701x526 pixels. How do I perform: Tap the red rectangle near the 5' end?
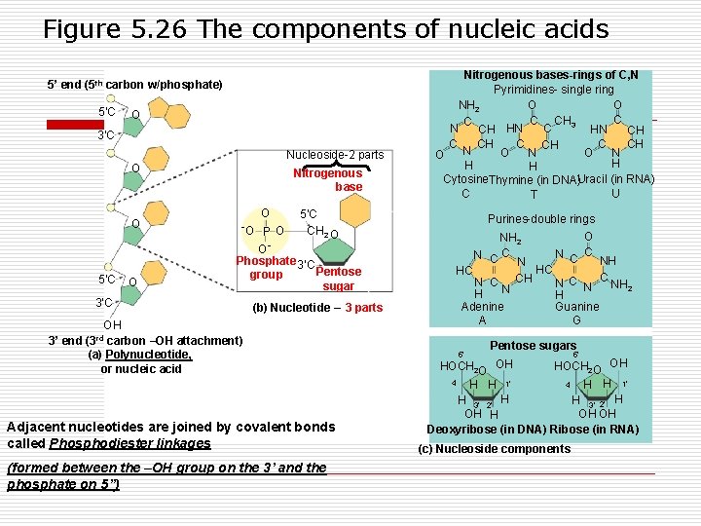[x=75, y=125]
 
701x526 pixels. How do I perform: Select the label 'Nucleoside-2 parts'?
[x=335, y=155]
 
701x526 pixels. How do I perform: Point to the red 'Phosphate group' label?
[x=265, y=268]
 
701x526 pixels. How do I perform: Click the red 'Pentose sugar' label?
[x=339, y=280]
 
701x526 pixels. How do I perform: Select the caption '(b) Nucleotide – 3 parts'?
[x=317, y=308]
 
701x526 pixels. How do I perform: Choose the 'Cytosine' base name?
[x=464, y=180]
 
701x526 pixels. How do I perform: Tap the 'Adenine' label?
[x=482, y=307]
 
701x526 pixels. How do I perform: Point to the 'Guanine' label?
[x=575, y=307]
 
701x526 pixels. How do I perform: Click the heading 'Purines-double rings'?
[x=541, y=219]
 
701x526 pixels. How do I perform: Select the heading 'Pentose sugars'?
[x=534, y=345]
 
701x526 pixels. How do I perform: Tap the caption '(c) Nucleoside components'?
[x=494, y=449]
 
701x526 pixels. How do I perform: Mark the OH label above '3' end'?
[x=113, y=324]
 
